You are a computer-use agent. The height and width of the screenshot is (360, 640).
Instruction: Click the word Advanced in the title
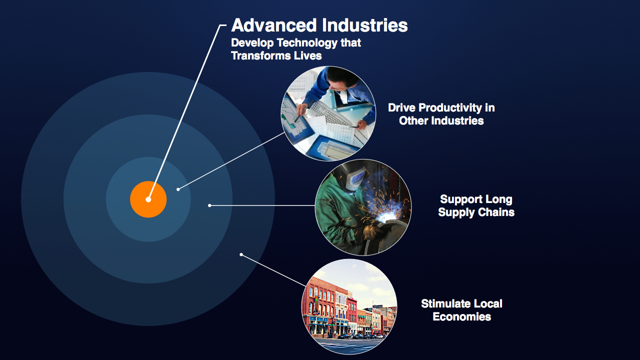tap(274, 25)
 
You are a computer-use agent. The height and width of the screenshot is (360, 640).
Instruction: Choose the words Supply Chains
tap(476, 212)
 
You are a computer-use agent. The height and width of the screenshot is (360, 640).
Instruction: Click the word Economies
tap(461, 316)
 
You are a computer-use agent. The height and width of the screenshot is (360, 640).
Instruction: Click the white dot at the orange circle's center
tap(148, 199)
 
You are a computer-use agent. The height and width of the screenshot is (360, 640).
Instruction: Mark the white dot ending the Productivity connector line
tap(178, 189)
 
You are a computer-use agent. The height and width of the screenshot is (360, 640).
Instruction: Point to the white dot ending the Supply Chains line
tap(209, 205)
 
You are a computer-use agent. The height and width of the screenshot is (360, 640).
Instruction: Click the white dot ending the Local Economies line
tap(241, 254)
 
